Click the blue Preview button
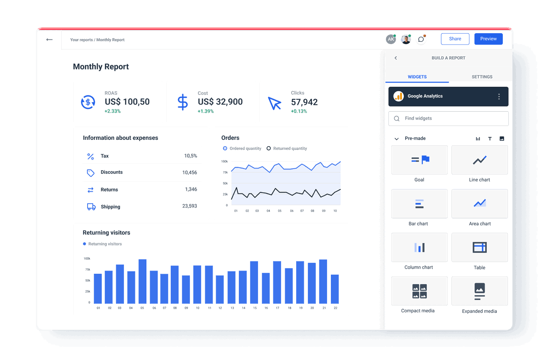(488, 39)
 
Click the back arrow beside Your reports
(49, 39)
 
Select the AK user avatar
(391, 39)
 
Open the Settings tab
(482, 77)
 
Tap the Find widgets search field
(448, 118)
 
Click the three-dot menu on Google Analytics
(499, 97)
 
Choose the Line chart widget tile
(479, 160)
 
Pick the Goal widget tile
(419, 160)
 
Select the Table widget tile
(479, 247)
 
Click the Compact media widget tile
(419, 291)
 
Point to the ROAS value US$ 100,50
(127, 102)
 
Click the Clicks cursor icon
(274, 103)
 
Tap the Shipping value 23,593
(189, 206)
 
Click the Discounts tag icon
(91, 173)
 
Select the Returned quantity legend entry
(287, 148)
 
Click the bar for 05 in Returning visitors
(142, 281)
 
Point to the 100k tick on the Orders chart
(224, 162)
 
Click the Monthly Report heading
(101, 67)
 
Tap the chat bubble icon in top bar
(421, 39)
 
